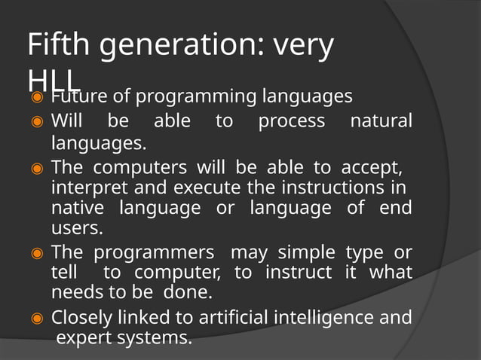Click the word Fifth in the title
60,47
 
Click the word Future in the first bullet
80,97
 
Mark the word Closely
81,317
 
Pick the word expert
85,339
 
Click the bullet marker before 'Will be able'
35,121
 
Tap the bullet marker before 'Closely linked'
35,318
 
